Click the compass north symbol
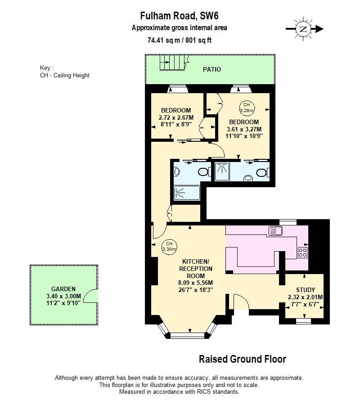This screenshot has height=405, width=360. pos(304,29)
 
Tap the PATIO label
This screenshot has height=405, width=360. pos(211,69)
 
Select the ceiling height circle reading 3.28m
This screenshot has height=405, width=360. pos(246,107)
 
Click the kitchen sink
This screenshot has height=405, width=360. pos(275,231)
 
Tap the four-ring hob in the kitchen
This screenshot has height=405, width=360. pos(302,252)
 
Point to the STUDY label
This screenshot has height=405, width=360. pos(305,290)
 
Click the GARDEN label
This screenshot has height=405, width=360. pos(63,289)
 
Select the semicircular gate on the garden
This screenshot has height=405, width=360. pos(93,296)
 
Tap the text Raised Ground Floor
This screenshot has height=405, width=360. pos(242,359)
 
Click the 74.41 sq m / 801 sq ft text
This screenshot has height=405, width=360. pos(180,40)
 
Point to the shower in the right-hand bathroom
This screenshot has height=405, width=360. pos(222,171)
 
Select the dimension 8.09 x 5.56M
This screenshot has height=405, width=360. pos(195,283)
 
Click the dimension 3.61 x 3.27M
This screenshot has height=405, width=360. pos(243,129)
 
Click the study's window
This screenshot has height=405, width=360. pos(303,321)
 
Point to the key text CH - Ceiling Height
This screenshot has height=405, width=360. pos(64,75)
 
